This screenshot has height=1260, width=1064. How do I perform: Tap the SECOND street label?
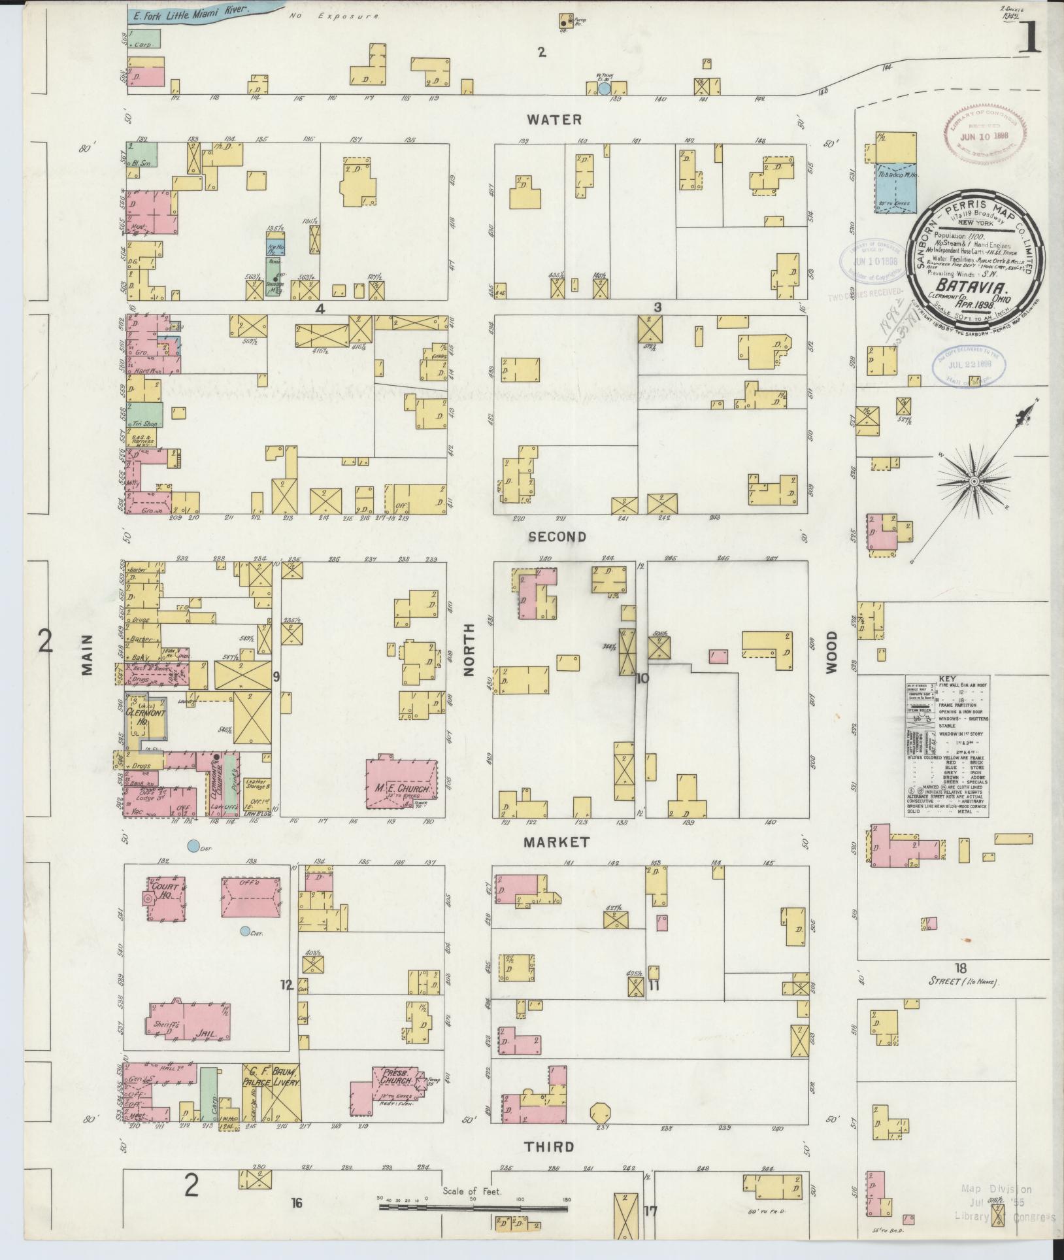557,537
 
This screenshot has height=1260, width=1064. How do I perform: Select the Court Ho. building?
164,899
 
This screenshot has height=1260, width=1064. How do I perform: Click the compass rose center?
974,481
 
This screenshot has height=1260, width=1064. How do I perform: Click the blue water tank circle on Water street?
605,88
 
